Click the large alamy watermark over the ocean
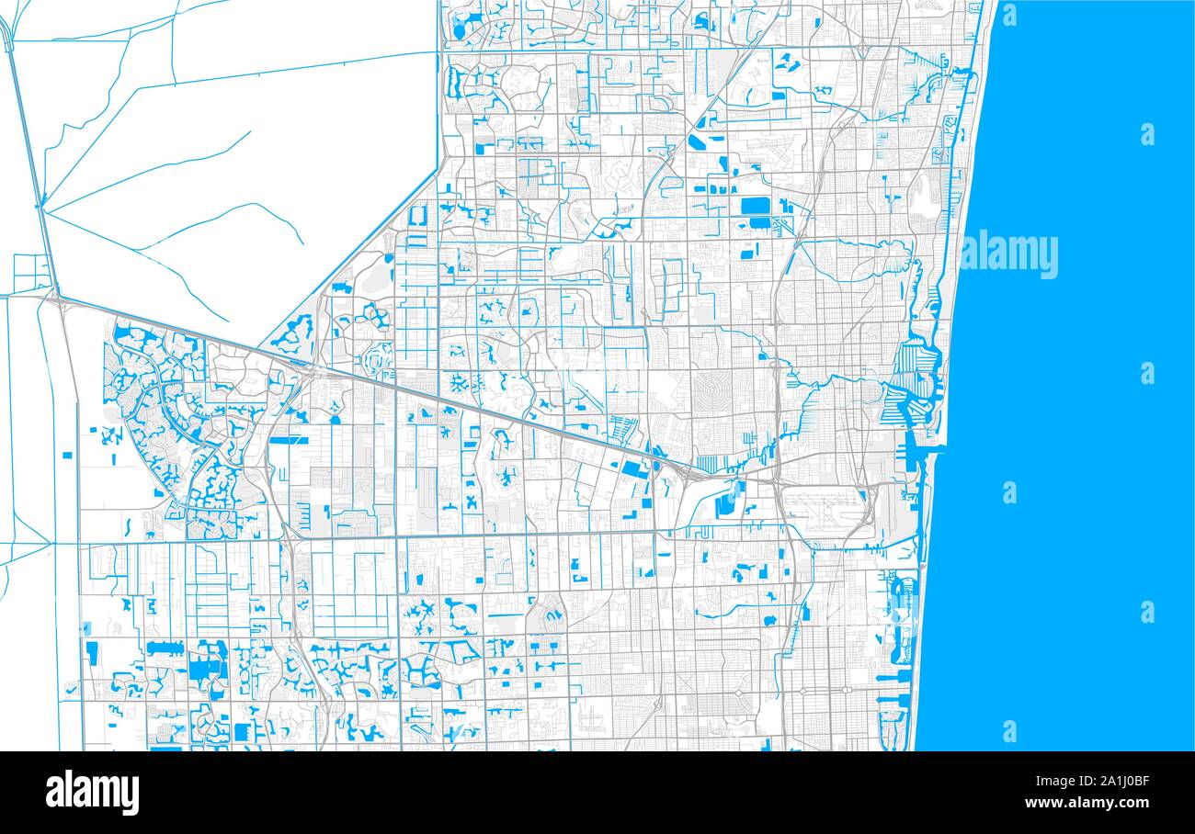(1009, 254)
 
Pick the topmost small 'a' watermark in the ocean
(1009, 14)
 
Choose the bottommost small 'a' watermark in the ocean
(1009, 731)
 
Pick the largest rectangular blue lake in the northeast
(755, 204)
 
